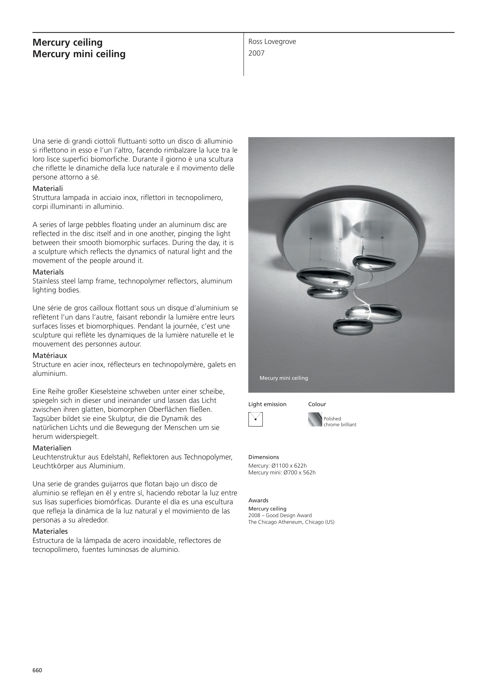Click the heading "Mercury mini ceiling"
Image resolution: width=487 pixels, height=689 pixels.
(79, 54)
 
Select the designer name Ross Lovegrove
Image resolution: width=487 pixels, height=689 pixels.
(272, 42)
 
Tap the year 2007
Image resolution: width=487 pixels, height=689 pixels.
(256, 53)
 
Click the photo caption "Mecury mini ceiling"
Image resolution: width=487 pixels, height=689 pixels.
(284, 378)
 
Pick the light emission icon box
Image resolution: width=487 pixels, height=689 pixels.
(255, 419)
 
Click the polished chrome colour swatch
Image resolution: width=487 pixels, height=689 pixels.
(315, 419)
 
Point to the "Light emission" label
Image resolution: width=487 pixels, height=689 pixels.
(267, 404)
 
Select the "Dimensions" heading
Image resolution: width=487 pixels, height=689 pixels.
(263, 457)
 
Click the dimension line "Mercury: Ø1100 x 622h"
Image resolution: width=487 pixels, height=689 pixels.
(277, 466)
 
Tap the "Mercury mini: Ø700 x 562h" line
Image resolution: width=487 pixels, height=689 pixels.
(282, 473)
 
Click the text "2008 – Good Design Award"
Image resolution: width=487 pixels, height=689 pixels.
(280, 515)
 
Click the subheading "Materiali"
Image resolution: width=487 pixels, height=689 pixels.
(47, 189)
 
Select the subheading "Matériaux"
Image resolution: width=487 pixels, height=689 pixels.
(50, 356)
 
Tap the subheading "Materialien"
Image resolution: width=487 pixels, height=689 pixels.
(52, 448)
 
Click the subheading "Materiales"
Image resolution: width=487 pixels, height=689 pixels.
(50, 531)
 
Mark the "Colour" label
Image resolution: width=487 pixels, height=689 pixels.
(317, 404)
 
